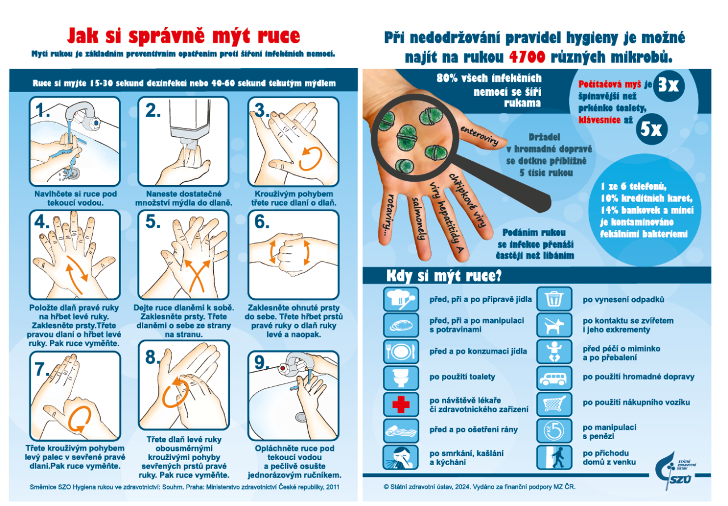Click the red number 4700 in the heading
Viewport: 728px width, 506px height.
pos(527,57)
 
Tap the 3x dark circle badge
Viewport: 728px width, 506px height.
pos(668,86)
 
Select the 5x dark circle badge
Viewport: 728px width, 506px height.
pos(652,129)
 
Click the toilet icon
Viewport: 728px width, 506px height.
pos(401,378)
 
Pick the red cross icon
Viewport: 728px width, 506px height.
pos(401,404)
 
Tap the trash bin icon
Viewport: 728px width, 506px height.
pos(554,299)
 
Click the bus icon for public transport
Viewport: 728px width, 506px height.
pos(554,378)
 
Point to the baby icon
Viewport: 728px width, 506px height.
pos(554,352)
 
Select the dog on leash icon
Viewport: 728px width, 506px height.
pos(554,325)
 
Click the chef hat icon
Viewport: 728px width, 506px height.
pos(401,299)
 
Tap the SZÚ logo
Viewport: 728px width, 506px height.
pos(675,471)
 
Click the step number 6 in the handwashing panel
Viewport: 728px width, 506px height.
pos(262,221)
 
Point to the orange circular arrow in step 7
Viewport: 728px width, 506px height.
pos(79,419)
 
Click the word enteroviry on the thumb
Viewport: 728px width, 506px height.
pos(479,136)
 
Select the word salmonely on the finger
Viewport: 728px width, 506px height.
pos(418,219)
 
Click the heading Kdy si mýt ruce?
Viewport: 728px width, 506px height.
pos(444,276)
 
